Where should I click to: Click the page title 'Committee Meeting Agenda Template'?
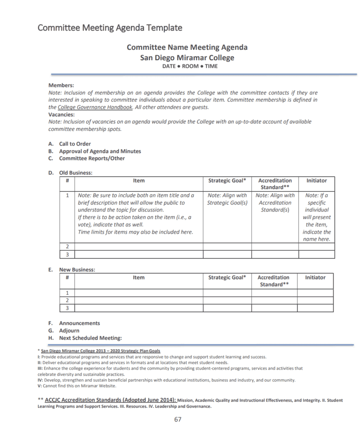coord(110,28)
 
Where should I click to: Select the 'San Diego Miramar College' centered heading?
coord(187,58)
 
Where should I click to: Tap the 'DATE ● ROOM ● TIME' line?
coord(187,66)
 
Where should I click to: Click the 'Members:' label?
coord(61,85)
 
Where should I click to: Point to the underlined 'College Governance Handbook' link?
coord(95,107)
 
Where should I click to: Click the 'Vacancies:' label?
coord(61,115)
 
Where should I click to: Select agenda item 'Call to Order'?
coord(75,144)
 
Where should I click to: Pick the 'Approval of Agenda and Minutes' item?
coord(100,151)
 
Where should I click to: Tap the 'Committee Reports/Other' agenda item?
coord(92,158)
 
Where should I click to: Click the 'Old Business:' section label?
coord(76,173)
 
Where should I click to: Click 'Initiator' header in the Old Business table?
coord(317,181)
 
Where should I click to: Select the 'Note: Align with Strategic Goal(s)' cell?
coord(227,199)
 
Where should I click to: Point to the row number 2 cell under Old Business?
coord(67,247)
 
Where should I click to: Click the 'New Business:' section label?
coord(77,270)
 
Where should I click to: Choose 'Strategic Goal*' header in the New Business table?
coord(227,278)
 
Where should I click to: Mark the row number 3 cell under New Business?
coord(67,308)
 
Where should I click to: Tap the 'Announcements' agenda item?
coord(79,323)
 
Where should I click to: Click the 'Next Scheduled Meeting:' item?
coord(90,338)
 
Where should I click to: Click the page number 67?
coord(178,420)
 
